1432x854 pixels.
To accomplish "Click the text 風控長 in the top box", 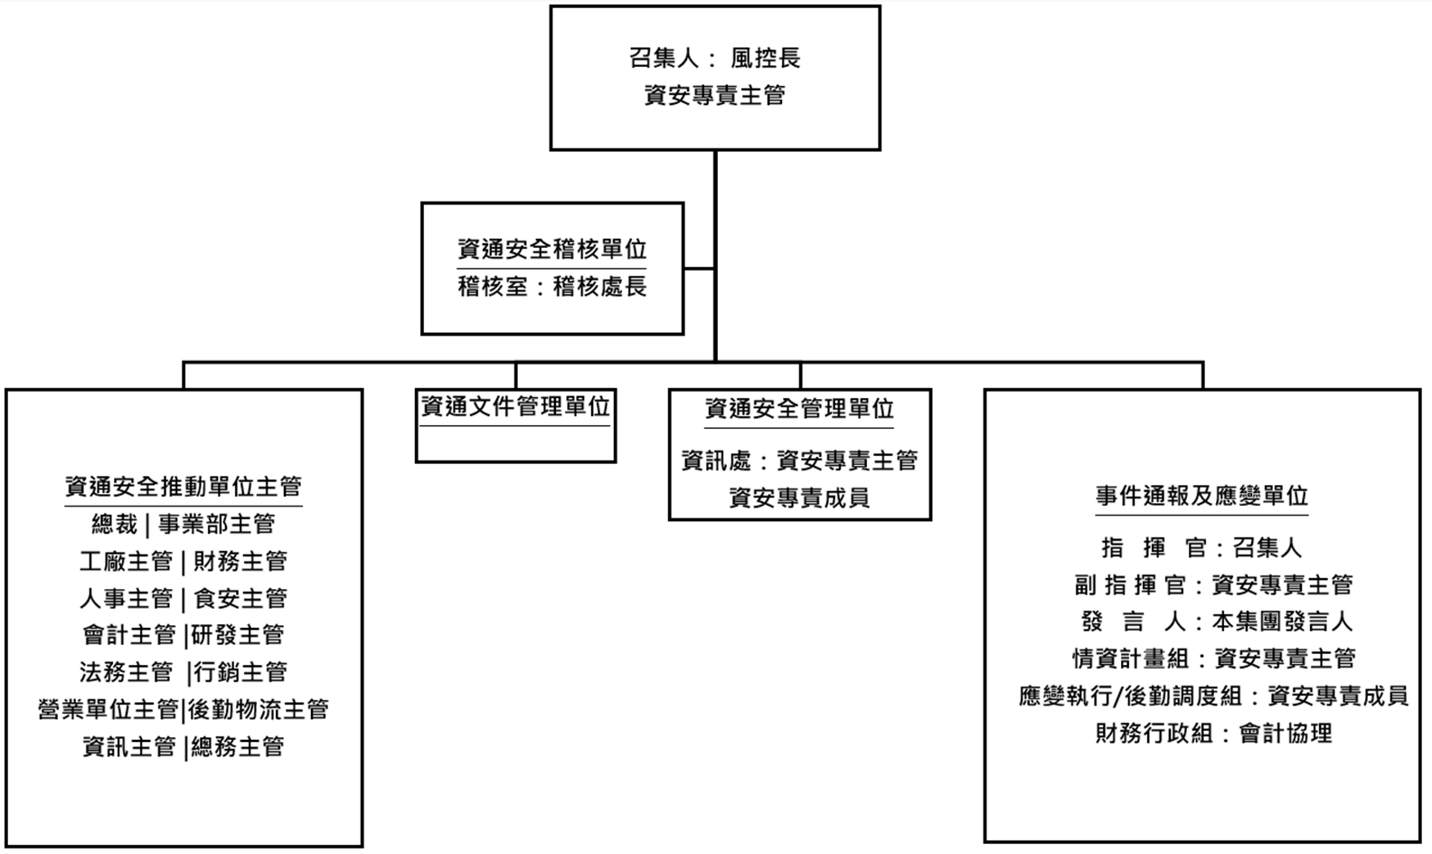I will (766, 59).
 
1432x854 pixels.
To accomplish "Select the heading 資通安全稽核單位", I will (552, 250).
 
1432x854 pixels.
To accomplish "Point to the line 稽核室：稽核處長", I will (552, 288).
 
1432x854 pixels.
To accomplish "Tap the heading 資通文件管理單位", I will (515, 407).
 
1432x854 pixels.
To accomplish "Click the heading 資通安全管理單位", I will (799, 409).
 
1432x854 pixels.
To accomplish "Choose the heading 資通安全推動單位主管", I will (184, 487).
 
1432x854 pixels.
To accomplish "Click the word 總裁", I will (115, 525).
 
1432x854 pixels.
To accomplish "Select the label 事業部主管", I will (217, 525).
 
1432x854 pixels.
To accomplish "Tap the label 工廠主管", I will (126, 562).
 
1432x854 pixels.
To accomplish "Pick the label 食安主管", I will (240, 599).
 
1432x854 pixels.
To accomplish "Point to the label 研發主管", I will (238, 636).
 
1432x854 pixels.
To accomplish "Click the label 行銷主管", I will (240, 673).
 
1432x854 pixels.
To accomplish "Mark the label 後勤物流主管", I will (259, 710).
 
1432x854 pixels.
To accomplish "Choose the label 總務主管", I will (238, 747).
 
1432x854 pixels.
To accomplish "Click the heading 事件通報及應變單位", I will (1202, 496).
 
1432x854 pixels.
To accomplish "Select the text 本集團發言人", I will (1282, 622).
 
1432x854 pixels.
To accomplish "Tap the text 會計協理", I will (1286, 734).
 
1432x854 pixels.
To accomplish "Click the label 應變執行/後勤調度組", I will (1130, 697).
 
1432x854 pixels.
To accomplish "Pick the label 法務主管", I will (126, 673).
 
